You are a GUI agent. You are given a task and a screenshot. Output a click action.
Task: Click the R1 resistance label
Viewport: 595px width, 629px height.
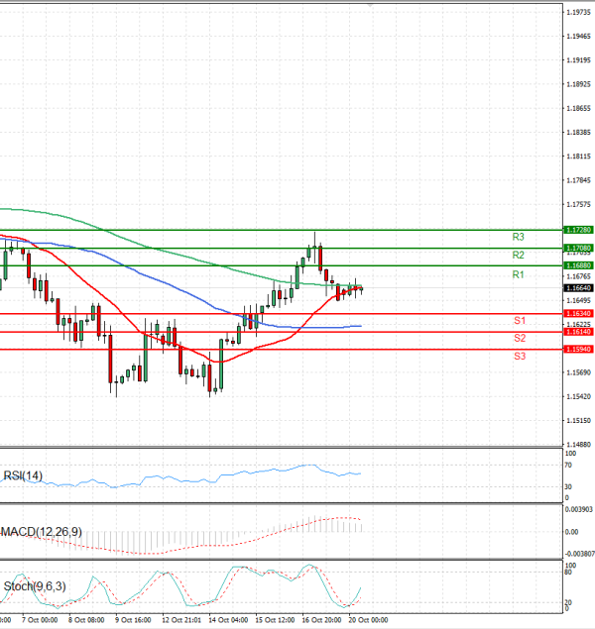tap(518, 273)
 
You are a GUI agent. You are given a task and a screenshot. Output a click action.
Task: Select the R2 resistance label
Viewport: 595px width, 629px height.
tap(518, 255)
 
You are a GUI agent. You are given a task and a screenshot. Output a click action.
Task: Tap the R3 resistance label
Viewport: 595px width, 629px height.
tap(518, 237)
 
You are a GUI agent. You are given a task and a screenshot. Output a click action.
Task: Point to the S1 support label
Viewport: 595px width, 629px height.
tap(519, 321)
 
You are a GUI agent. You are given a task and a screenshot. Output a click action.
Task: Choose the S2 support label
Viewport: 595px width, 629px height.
tap(519, 339)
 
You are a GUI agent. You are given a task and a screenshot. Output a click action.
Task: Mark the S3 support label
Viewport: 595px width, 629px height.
tap(519, 355)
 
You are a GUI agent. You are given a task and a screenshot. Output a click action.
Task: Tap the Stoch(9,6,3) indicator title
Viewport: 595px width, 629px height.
tap(33, 586)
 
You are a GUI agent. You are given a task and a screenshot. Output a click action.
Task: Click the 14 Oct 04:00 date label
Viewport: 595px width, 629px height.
tap(229, 620)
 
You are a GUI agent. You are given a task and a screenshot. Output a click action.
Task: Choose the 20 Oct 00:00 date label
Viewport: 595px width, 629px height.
tap(368, 620)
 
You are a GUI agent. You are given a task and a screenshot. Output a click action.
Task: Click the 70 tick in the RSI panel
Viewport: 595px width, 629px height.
tap(567, 464)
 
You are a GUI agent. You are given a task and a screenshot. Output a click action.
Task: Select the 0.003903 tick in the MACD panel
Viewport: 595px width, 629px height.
tap(577, 508)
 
